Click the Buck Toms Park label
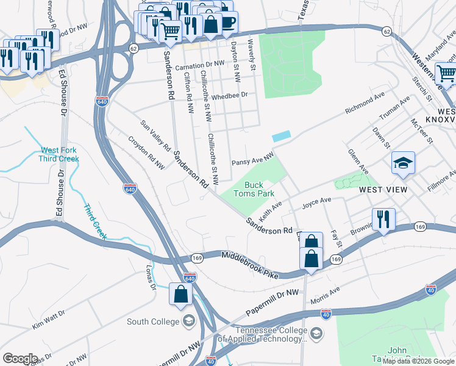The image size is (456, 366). pos(254,189)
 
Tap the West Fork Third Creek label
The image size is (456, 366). pos(59,155)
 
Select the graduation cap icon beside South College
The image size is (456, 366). pos(188,321)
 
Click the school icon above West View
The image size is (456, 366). pos(403,163)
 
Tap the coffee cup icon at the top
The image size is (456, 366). pos(228,23)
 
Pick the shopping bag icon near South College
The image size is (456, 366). pos(182,295)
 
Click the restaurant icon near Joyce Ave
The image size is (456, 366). pos(383,220)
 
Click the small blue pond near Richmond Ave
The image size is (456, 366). pos(281,137)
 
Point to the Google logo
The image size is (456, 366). pos(20,358)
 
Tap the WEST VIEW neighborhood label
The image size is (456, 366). pos(383,190)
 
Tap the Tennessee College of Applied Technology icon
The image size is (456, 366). pos(316,333)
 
